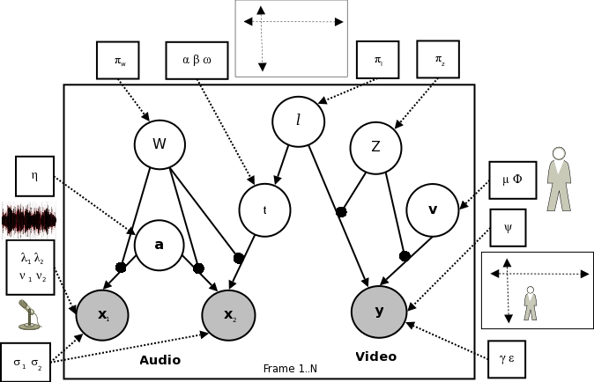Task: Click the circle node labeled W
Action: tap(160, 144)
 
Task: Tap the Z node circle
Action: tap(375, 147)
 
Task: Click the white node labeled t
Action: tap(264, 209)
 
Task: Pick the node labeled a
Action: tap(159, 245)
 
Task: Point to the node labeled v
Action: tap(432, 209)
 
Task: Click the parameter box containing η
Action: tap(34, 176)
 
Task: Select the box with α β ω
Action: tap(196, 60)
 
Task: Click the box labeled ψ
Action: tap(508, 227)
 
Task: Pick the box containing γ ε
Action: tap(506, 358)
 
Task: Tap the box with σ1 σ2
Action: tap(26, 362)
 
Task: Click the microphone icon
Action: tap(30, 314)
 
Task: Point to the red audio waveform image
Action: tap(29, 220)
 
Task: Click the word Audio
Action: tap(160, 360)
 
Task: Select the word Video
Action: tap(375, 356)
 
